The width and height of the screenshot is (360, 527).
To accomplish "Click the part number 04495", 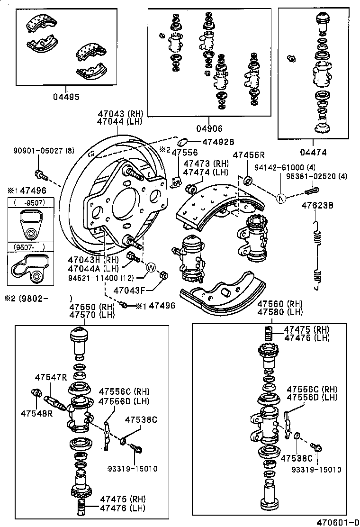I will click(66, 97).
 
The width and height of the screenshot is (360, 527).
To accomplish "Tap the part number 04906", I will click(209, 128).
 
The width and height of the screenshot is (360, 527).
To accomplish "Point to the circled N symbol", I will click(281, 199).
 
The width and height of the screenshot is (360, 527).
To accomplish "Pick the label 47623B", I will click(317, 206).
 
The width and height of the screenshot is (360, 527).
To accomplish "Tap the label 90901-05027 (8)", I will click(43, 151).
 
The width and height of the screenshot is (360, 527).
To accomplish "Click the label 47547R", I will click(50, 377).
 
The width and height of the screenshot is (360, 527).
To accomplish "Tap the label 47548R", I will click(36, 413).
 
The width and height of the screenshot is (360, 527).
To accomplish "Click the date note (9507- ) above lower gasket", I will click(29, 246).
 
